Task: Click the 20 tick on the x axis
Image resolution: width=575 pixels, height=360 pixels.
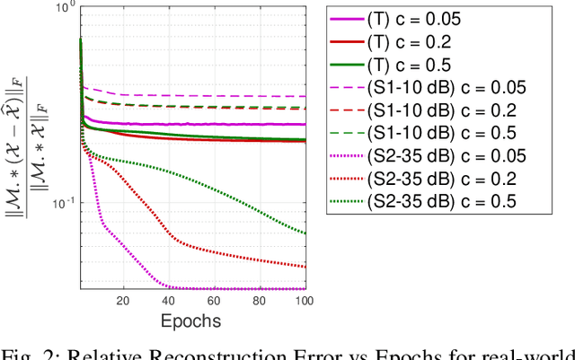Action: [x=123, y=301]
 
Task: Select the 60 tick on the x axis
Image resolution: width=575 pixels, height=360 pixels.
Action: [x=214, y=301]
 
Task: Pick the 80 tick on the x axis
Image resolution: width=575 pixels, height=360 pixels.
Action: [x=260, y=301]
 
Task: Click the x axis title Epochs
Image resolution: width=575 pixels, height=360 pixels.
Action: [x=191, y=320]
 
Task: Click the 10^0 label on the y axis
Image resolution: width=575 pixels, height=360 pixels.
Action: [x=64, y=8]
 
